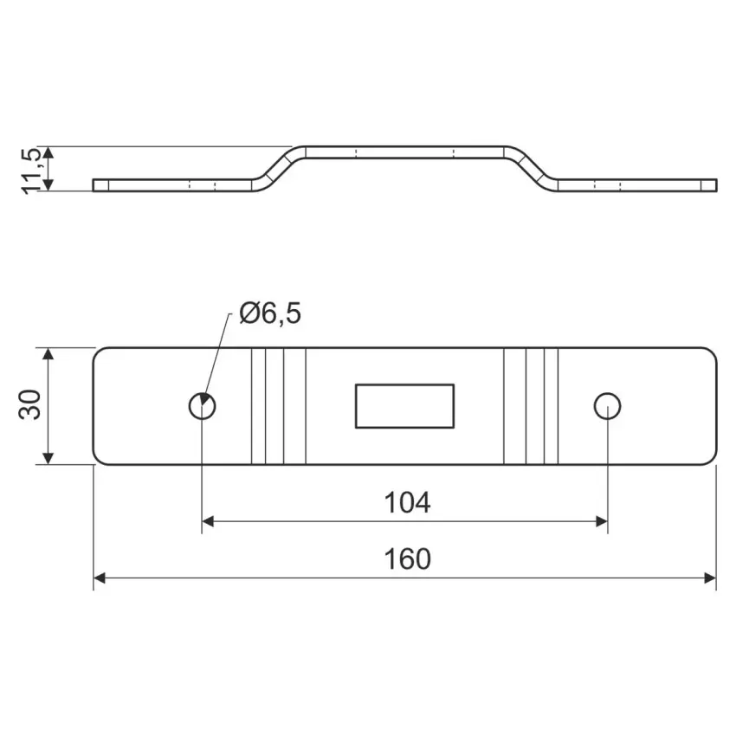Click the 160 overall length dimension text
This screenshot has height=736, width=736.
point(407,559)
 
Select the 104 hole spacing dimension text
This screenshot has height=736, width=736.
point(407,502)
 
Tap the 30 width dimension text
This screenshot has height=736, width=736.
point(29,404)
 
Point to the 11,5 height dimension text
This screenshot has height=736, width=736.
point(32,171)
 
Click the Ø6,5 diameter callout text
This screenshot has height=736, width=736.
point(270,313)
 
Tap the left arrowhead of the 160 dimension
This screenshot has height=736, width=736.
point(100,578)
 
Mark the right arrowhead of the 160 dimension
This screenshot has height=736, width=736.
point(710,578)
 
